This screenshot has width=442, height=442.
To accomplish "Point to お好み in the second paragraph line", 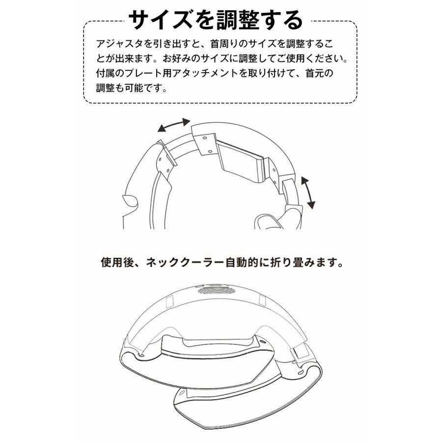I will coord(181,58).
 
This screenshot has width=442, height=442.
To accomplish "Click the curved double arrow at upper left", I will coord(173,126).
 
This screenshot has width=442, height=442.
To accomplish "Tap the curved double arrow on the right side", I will coord(308,193).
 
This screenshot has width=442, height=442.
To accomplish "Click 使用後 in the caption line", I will coord(114,261).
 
